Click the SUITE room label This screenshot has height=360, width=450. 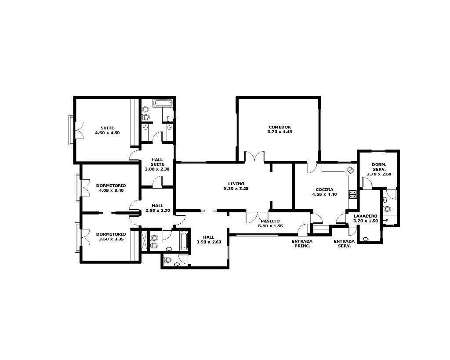point(107,128)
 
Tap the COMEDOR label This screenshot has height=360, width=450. point(279,127)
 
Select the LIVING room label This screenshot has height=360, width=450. point(236,184)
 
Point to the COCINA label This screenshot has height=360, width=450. point(324,189)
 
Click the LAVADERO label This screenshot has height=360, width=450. point(365,216)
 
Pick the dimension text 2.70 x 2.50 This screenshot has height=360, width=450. point(379,174)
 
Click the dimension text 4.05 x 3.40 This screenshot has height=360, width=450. point(111,190)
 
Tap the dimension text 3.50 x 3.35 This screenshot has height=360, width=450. point(111,239)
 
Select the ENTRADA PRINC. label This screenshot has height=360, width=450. point(302,244)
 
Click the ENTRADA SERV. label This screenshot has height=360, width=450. point(344,244)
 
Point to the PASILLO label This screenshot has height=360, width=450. point(270,221)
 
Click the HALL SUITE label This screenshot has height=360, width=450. point(157,162)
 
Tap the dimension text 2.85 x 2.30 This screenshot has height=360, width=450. point(158,211)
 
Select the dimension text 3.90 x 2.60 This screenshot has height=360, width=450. point(209,242)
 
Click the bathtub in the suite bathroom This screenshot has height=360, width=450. point(163,103)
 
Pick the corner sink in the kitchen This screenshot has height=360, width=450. point(350,170)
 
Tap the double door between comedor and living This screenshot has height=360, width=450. point(254,157)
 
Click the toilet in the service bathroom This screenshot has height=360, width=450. point(387,209)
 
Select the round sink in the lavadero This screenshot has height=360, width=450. point(365,239)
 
